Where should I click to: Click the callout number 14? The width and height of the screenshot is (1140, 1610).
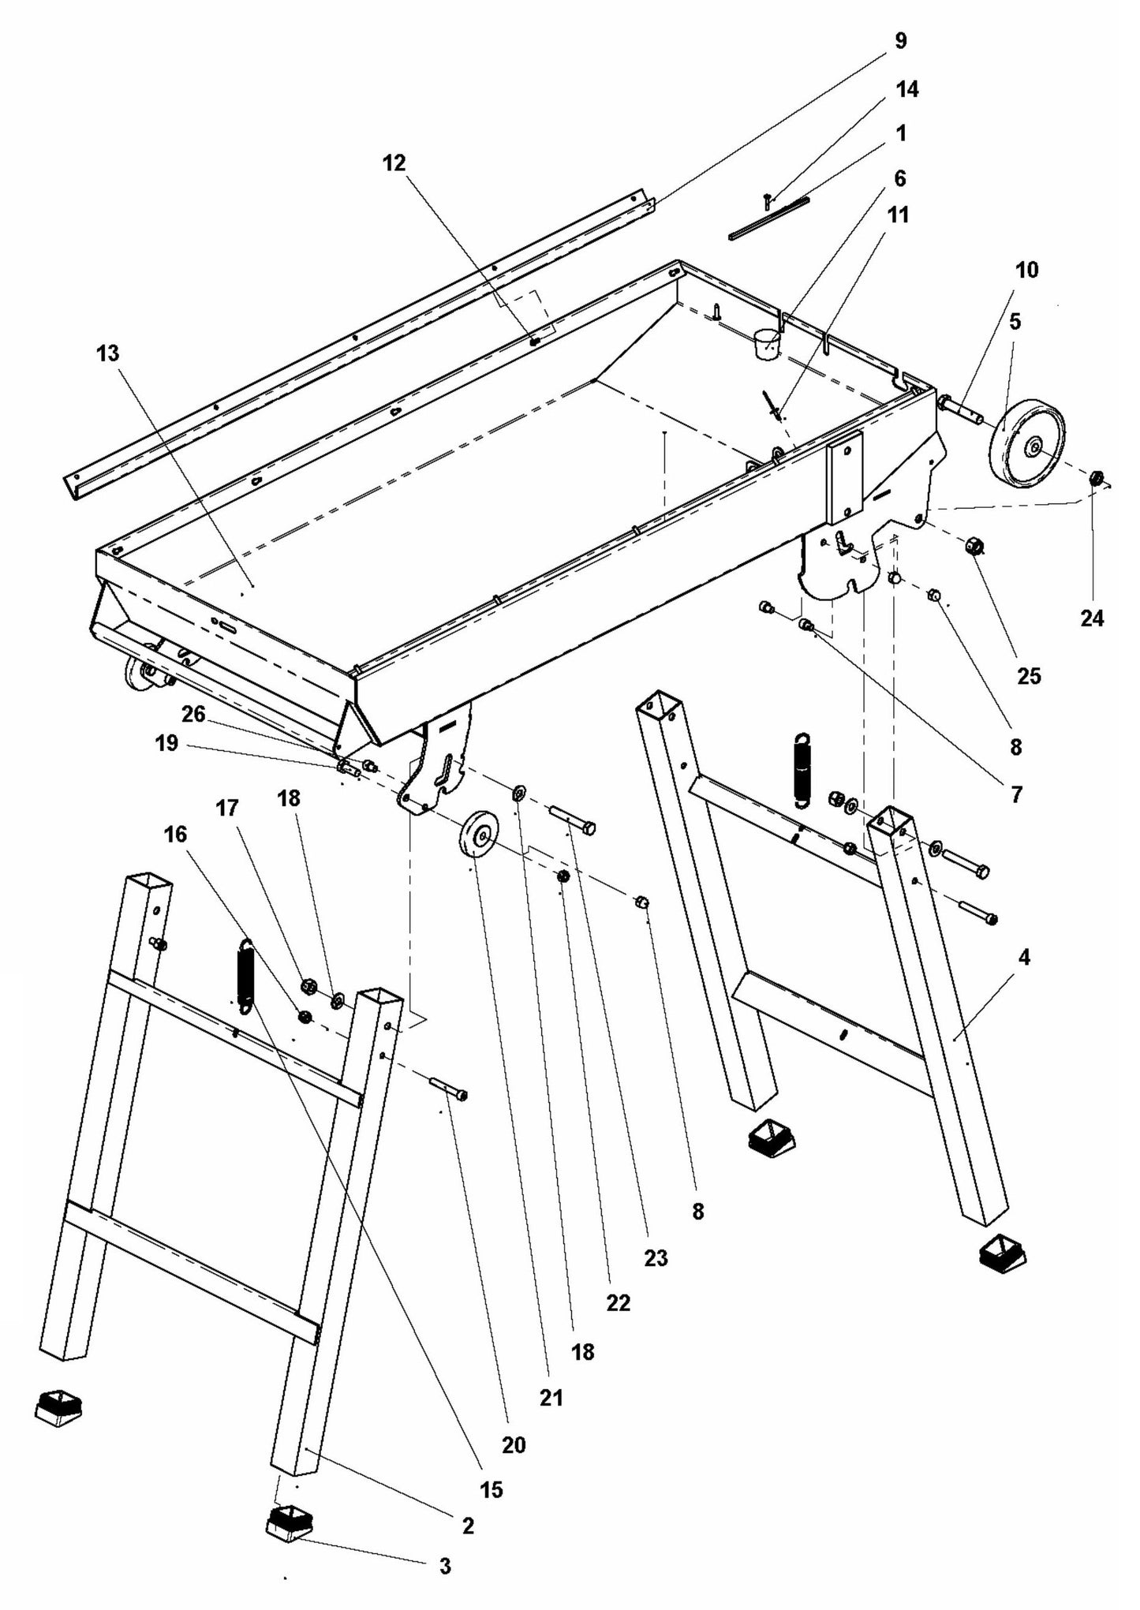point(907,89)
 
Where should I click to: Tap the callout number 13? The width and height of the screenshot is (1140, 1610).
point(107,353)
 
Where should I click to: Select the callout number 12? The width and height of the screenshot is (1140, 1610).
point(394,162)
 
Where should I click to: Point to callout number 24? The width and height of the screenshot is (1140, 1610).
point(1092,619)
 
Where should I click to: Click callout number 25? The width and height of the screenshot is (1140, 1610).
point(1029,676)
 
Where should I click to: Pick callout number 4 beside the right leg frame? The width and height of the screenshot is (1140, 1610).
point(1024,958)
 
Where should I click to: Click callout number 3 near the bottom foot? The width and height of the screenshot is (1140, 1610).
point(445,1566)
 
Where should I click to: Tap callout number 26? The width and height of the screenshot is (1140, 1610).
point(193,715)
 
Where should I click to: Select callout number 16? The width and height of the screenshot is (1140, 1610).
point(175,834)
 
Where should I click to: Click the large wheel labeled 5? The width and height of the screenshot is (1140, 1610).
point(1028,445)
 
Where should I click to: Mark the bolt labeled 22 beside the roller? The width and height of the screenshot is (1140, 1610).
point(573,820)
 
